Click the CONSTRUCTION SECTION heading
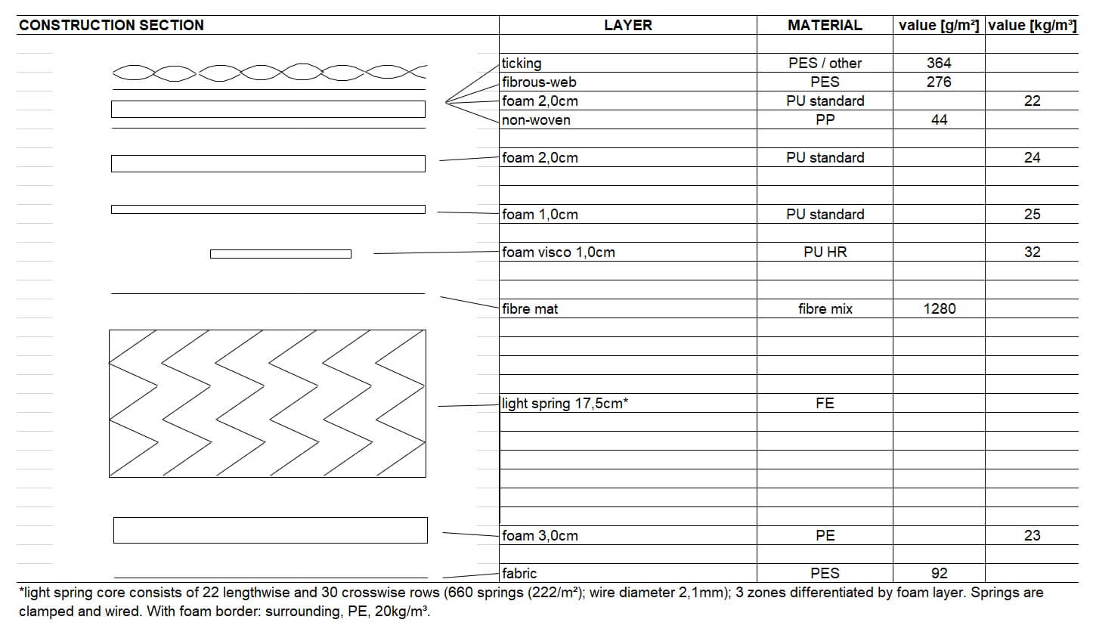[111, 25]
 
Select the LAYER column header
[627, 25]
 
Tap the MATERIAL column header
[824, 25]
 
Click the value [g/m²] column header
[939, 25]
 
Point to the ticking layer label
[522, 63]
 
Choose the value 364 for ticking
[939, 63]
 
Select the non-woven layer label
[536, 120]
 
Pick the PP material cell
[825, 120]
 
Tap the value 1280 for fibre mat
[940, 309]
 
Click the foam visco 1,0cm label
[558, 252]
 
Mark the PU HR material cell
[825, 252]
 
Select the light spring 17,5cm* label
[565, 404]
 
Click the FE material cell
[825, 404]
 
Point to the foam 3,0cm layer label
[540, 536]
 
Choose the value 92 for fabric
[940, 574]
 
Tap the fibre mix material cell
[825, 309]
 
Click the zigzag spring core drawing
[268, 403]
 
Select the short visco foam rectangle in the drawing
[280, 254]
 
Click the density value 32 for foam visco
[1032, 252]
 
